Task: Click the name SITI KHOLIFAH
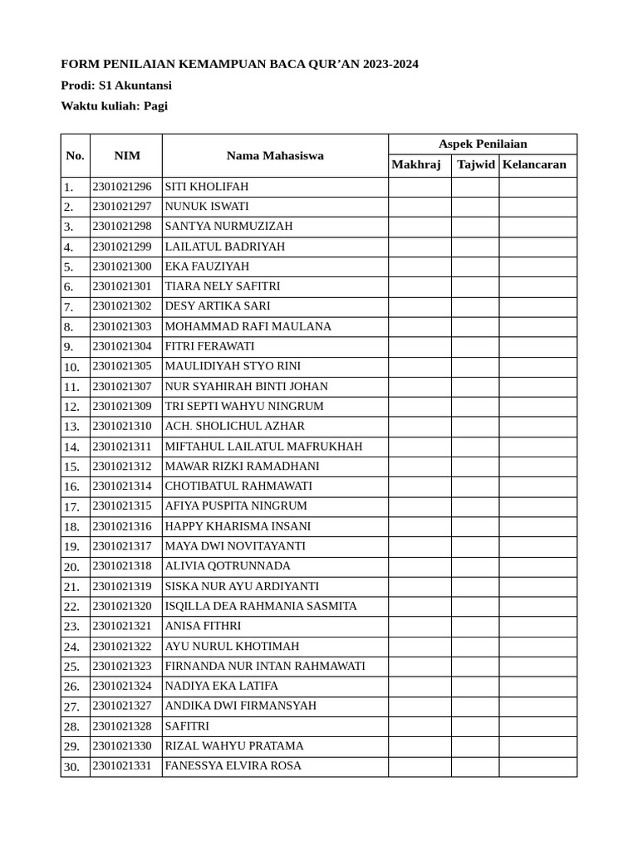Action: pos(207,187)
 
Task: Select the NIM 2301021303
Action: pos(122,326)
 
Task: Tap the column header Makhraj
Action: pos(416,164)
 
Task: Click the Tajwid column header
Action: pos(475,164)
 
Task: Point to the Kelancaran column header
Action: pos(534,164)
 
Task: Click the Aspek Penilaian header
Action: pos(483,144)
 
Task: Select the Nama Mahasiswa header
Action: pos(275,155)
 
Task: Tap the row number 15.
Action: pos(71,467)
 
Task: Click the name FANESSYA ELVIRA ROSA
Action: pos(233,766)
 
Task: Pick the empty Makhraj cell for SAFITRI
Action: pos(420,726)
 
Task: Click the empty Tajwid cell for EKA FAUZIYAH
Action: pos(475,266)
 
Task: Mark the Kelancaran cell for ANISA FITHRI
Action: pos(537,627)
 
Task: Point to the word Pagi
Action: pos(155,105)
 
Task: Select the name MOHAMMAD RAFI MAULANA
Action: pos(248,326)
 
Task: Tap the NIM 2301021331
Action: pos(122,766)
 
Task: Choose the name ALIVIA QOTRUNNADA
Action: pos(228,566)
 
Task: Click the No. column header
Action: pos(76,155)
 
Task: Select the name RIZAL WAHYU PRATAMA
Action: pos(234,746)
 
